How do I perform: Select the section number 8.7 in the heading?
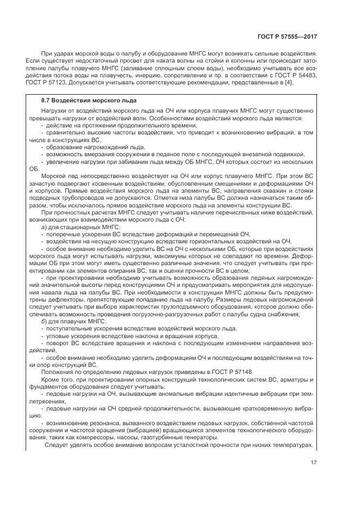(x=46, y=101)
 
